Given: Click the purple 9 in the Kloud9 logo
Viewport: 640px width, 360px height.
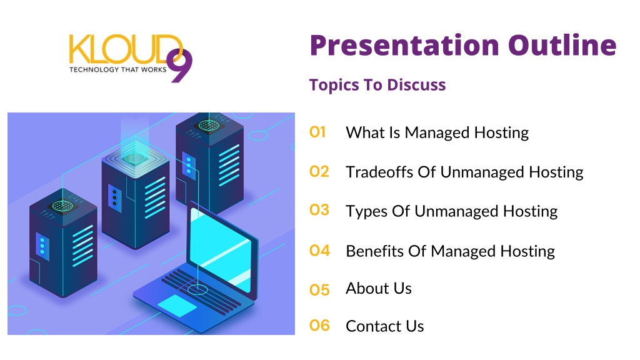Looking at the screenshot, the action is [x=179, y=65].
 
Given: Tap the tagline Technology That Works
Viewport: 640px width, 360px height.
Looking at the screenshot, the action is [x=118, y=69].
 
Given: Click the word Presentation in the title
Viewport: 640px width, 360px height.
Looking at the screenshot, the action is [x=404, y=46].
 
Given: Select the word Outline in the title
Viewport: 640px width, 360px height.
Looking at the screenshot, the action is [x=562, y=45].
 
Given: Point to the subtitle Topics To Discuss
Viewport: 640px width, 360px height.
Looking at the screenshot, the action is [x=377, y=85].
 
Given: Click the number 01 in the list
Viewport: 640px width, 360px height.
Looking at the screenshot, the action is [x=317, y=132].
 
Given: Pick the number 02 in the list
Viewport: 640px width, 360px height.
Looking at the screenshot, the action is [x=319, y=171].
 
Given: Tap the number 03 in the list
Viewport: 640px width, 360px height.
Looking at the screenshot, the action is [x=319, y=210].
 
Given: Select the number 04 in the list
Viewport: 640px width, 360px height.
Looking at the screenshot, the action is [x=319, y=250].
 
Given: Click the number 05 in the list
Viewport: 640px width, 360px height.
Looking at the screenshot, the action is [x=319, y=290].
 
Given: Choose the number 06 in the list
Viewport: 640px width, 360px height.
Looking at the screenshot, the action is [x=319, y=325].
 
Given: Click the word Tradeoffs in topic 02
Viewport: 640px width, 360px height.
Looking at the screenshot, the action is [x=379, y=172].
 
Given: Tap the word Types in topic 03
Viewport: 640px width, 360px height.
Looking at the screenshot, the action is [x=367, y=212].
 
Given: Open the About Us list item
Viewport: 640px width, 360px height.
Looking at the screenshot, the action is [x=379, y=288].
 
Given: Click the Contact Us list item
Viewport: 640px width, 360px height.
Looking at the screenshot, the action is [x=385, y=326].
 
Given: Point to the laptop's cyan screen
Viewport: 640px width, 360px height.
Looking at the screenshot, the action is [x=221, y=249].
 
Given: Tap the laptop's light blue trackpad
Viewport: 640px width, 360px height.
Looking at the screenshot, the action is [x=177, y=305].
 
